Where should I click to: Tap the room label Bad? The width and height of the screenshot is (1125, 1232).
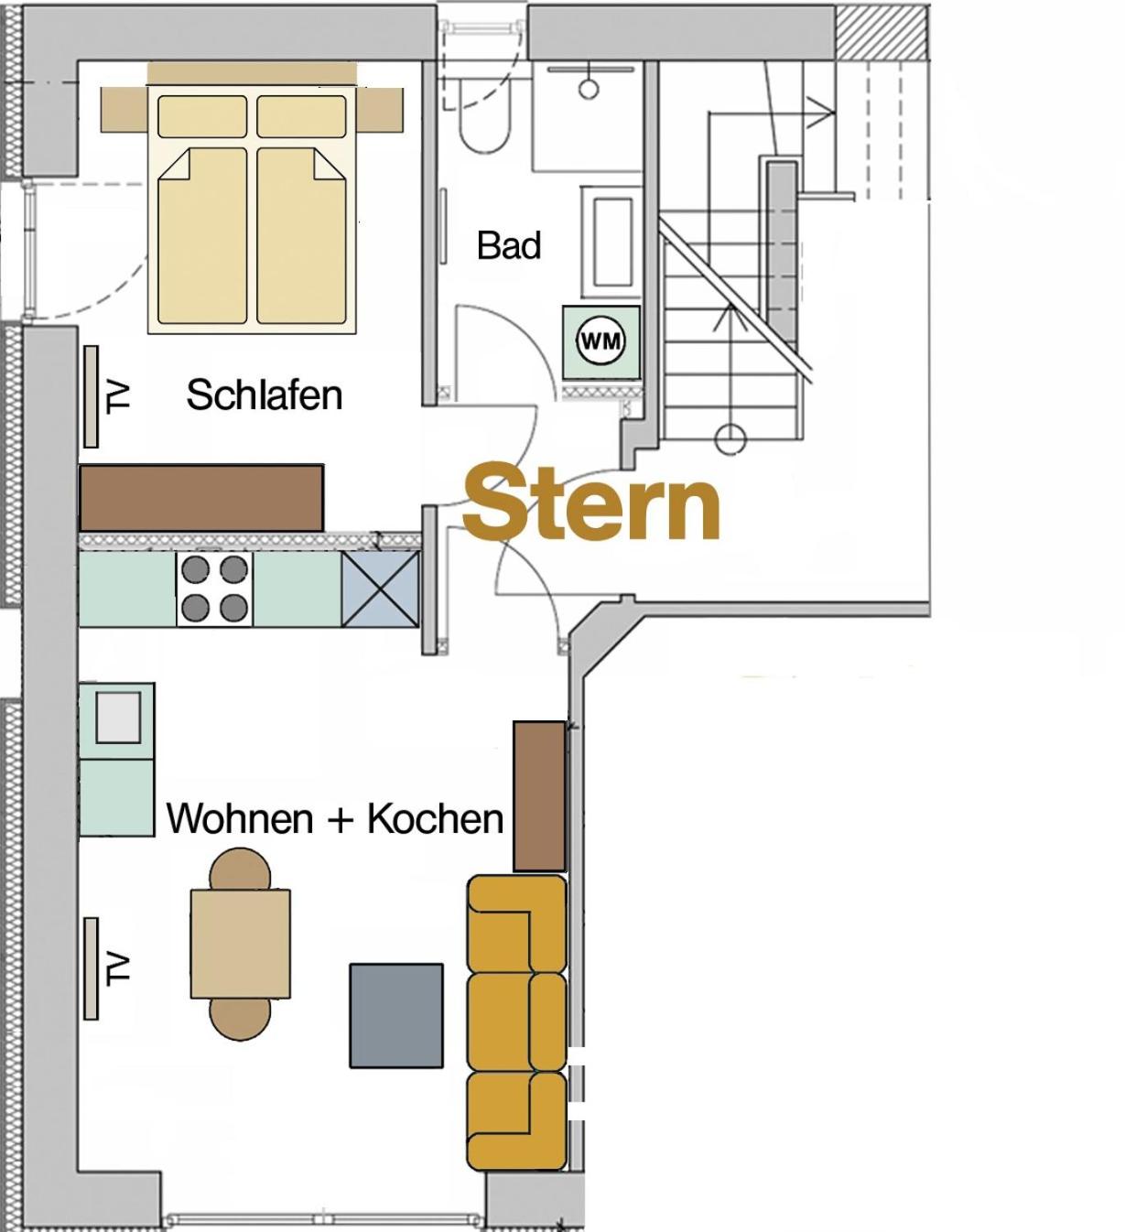point(508,245)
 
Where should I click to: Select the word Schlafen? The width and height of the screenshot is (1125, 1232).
point(265,394)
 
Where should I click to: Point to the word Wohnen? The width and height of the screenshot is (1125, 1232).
point(240,818)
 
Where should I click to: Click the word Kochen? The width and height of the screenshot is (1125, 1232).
point(435,818)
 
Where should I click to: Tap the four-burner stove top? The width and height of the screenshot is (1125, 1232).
point(214,589)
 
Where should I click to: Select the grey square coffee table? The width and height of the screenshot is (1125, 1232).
point(396,1016)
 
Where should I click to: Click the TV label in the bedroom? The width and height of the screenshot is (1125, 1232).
point(118,396)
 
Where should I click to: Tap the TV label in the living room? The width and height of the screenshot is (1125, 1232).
point(118,969)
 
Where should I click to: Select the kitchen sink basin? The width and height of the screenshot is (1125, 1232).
point(117,717)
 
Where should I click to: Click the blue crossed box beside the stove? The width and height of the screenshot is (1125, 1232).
point(380,589)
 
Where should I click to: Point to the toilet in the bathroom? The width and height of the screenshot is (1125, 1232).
point(484,128)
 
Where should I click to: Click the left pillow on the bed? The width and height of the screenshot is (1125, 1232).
point(202,116)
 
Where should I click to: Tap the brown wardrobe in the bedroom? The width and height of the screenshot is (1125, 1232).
point(201,497)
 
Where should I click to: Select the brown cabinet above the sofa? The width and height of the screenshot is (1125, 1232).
point(539,796)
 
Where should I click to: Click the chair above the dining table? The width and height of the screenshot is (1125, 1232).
point(240,869)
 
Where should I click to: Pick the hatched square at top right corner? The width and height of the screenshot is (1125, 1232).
point(882,32)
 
